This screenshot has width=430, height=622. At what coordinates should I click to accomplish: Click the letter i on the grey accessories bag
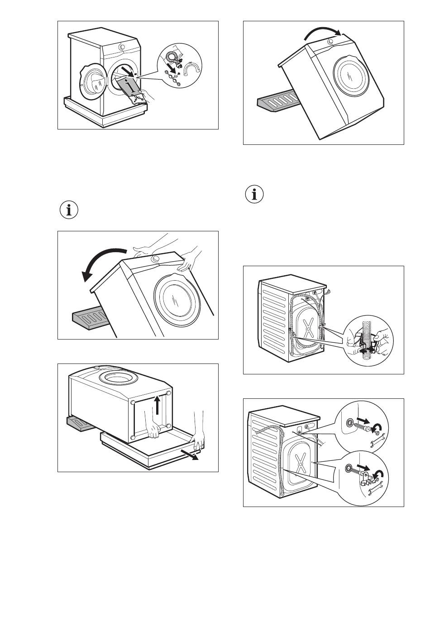coord(131,85)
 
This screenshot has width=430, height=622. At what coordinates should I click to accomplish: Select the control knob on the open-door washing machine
coord(122,47)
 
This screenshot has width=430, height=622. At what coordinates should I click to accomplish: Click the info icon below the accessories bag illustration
coord(69,211)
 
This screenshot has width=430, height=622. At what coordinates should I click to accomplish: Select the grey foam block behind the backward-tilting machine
coord(89,317)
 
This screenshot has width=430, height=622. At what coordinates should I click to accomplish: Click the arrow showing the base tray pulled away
coord(192,455)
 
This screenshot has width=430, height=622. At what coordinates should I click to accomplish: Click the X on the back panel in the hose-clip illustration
coord(309,327)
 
